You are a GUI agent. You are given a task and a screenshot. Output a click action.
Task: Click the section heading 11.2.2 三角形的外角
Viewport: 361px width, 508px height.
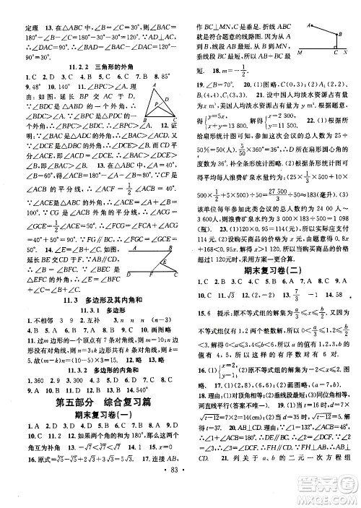coord(89,64)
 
